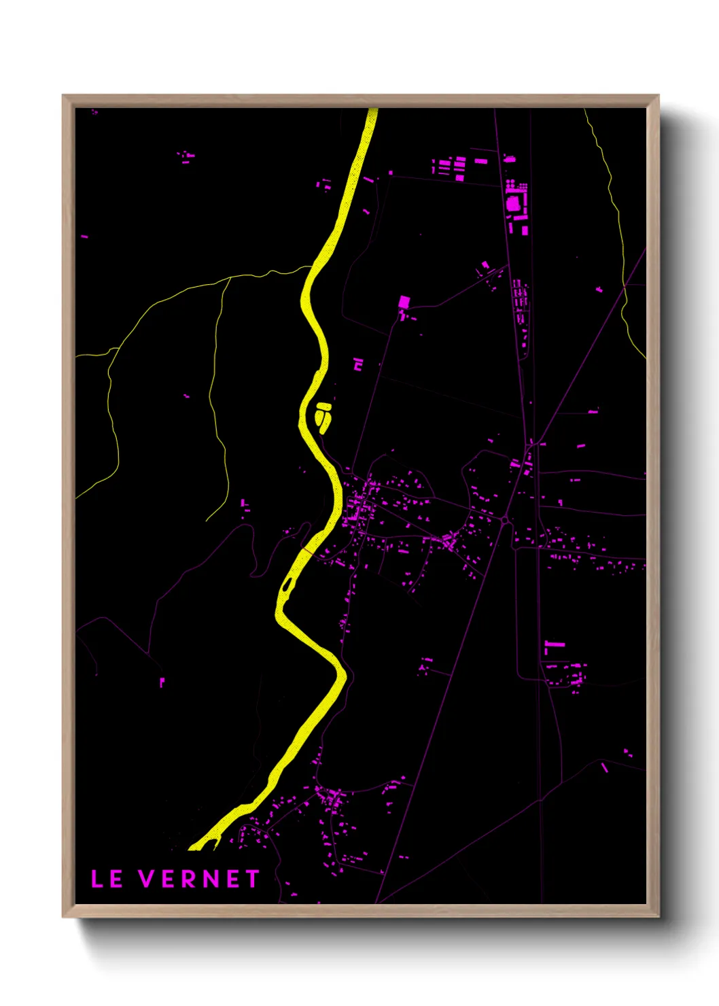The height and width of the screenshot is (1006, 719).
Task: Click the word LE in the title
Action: pyautogui.click(x=107, y=879)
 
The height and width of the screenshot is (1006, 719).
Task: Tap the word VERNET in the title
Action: pyautogui.click(x=200, y=879)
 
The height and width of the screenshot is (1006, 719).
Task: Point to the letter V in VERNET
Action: pyautogui.click(x=147, y=879)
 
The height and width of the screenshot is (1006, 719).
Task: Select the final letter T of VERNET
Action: pyautogui.click(x=253, y=879)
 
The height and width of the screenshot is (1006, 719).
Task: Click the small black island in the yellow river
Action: pyautogui.click(x=288, y=583)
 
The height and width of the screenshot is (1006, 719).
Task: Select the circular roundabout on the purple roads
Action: pyautogui.click(x=505, y=521)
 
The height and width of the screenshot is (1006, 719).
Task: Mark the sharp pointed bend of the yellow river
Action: pyautogui.click(x=343, y=676)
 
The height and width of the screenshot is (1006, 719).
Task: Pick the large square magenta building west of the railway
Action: pyautogui.click(x=404, y=302)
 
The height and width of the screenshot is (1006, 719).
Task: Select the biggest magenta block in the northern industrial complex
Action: pyautogui.click(x=513, y=203)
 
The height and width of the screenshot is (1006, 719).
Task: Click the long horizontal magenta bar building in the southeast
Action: pyautogui.click(x=555, y=643)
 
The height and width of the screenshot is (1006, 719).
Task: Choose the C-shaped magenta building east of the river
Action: pyautogui.click(x=358, y=364)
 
